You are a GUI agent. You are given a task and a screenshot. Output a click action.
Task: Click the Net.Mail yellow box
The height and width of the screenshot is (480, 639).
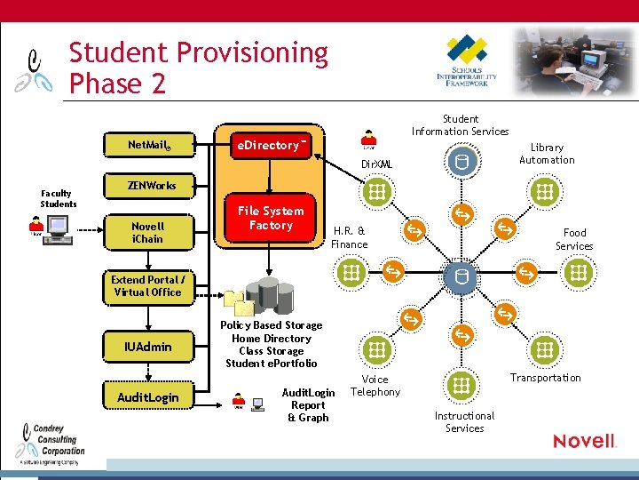[148, 144]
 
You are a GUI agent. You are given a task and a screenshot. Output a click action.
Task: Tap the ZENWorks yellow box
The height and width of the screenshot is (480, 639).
[151, 186]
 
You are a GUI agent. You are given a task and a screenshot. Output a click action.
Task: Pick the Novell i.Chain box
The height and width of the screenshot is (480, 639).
[148, 232]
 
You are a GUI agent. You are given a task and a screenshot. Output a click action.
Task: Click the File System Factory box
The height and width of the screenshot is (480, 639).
[271, 218]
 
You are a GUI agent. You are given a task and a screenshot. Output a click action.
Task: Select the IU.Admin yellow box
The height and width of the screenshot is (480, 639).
[148, 347]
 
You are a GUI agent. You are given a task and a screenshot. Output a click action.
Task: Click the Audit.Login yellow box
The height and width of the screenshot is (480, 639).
[148, 397]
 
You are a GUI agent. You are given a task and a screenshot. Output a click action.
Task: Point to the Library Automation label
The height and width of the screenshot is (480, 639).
[547, 154]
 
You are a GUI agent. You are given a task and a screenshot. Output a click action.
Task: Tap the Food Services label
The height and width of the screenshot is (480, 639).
[574, 239]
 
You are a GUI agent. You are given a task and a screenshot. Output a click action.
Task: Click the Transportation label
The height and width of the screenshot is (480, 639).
[545, 378]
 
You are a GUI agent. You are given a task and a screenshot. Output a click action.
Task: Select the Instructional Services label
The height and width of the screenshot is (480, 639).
[464, 421]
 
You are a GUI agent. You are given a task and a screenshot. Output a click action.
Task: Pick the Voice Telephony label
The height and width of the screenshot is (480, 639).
[375, 385]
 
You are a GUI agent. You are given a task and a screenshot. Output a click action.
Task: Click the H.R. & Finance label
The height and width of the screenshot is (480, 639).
[349, 237]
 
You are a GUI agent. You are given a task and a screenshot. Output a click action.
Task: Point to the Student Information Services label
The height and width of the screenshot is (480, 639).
[460, 125]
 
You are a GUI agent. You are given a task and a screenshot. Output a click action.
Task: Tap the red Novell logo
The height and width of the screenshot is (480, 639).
[584, 441]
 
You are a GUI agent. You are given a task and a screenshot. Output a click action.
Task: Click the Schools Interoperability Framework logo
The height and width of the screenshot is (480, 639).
[467, 60]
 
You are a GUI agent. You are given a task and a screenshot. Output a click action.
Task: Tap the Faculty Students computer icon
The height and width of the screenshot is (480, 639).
[59, 228]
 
